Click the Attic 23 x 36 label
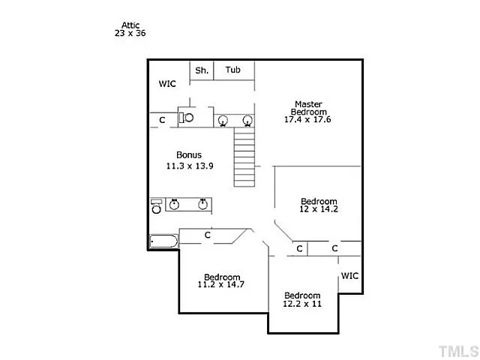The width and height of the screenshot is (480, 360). [x=130, y=29]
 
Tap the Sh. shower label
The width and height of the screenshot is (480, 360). [x=202, y=70]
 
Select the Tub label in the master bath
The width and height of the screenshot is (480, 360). [x=233, y=70]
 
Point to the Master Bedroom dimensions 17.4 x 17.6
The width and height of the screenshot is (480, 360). [x=307, y=119]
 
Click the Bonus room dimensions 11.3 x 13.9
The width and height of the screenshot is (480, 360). [x=190, y=166]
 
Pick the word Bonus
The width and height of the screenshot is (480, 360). [x=189, y=155]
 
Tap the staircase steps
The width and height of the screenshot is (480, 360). [x=244, y=157]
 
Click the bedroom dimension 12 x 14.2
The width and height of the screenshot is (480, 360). [x=319, y=209]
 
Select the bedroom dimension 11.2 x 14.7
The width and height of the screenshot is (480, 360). [x=220, y=284]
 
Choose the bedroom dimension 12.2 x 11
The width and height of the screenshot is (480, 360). [x=302, y=304]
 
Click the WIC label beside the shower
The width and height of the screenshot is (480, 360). [x=167, y=83]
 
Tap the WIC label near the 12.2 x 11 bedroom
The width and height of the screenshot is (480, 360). [x=349, y=276]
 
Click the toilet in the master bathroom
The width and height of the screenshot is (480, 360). [x=187, y=118]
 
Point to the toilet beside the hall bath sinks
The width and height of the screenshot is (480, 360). [x=157, y=206]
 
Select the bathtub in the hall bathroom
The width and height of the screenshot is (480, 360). [x=163, y=241]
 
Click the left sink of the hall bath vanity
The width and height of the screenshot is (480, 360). [x=174, y=204]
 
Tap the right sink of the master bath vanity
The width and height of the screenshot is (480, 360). [x=247, y=121]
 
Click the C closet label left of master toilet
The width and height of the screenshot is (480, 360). [x=162, y=120]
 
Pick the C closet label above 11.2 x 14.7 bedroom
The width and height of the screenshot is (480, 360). [x=208, y=235]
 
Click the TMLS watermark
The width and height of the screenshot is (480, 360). [x=458, y=351]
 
